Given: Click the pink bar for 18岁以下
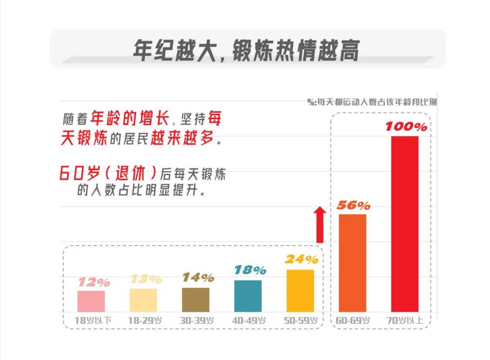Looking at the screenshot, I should (91, 301).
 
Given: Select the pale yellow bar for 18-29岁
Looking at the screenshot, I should (143, 300).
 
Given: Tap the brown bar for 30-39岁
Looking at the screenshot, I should (196, 300).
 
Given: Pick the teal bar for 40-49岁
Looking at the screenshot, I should (248, 296).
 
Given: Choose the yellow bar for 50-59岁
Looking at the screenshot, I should (300, 291).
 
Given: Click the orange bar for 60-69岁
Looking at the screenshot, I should (353, 263).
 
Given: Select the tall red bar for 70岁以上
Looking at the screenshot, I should (405, 224).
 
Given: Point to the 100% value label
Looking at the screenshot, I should (406, 127).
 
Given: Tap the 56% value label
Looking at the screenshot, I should (353, 205).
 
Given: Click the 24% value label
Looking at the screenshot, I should (301, 259).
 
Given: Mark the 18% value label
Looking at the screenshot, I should (250, 270).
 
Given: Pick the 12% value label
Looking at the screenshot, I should (94, 282).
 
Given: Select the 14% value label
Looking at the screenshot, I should (198, 277).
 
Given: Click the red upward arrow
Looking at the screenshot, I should (320, 225).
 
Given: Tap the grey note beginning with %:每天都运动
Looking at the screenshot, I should (372, 102).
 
